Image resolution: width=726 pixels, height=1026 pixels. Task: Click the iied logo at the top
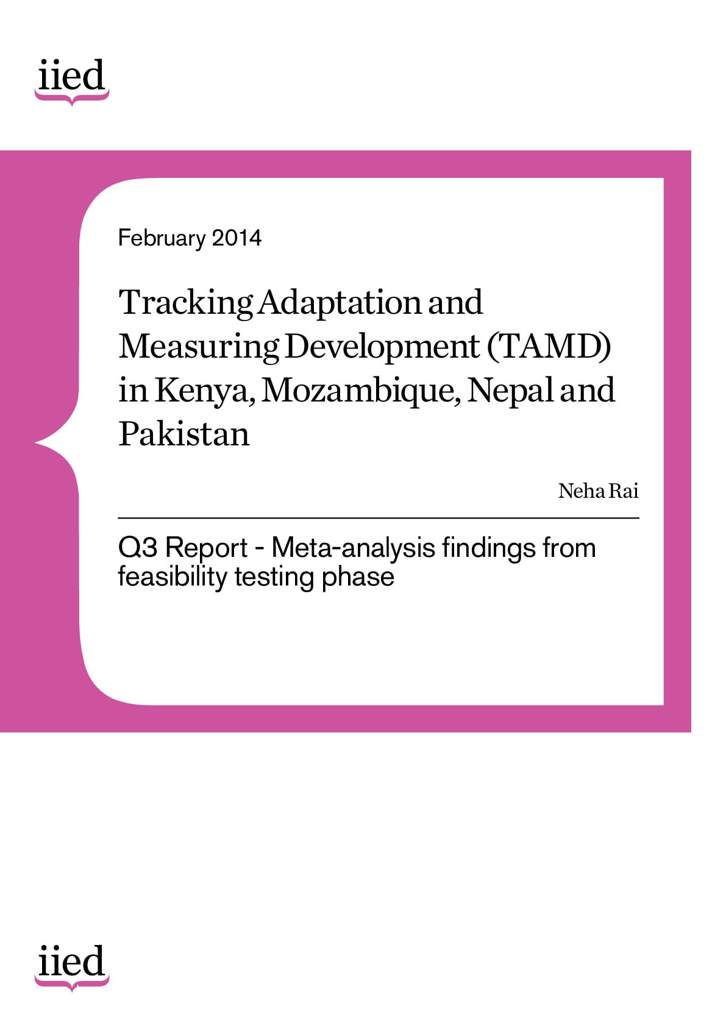click(72, 82)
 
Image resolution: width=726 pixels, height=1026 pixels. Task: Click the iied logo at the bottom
click(72, 967)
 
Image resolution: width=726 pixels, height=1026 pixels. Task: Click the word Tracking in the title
click(186, 303)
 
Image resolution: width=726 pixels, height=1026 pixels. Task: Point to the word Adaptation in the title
click(340, 303)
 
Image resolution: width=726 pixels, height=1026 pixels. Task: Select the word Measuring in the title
click(199, 347)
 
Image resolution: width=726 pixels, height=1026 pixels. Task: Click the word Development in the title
click(382, 347)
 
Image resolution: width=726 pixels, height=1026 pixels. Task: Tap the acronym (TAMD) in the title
click(549, 346)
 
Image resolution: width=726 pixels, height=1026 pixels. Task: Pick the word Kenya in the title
click(204, 391)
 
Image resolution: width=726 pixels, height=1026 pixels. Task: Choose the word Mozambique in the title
click(361, 391)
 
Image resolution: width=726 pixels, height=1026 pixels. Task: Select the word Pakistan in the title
click(184, 433)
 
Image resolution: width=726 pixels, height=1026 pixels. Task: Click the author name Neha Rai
click(598, 491)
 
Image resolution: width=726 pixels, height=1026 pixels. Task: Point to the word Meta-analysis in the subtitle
click(354, 548)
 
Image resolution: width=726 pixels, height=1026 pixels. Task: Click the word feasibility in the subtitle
click(173, 577)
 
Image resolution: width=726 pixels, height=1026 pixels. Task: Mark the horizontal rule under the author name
click(379, 518)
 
